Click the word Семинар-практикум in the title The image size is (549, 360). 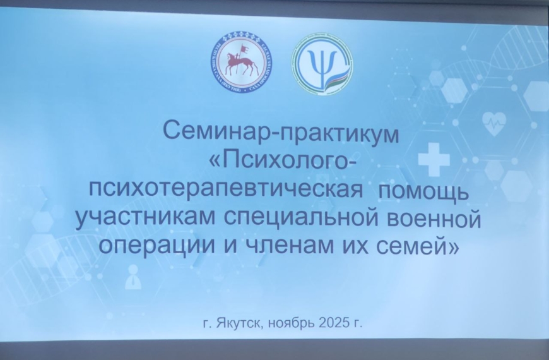tap(281, 133)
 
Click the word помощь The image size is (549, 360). tap(428, 190)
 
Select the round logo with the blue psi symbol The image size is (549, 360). tap(322, 63)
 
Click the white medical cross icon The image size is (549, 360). tap(434, 159)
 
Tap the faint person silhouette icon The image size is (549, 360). tap(133, 278)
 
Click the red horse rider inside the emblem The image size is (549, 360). tap(240, 61)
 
